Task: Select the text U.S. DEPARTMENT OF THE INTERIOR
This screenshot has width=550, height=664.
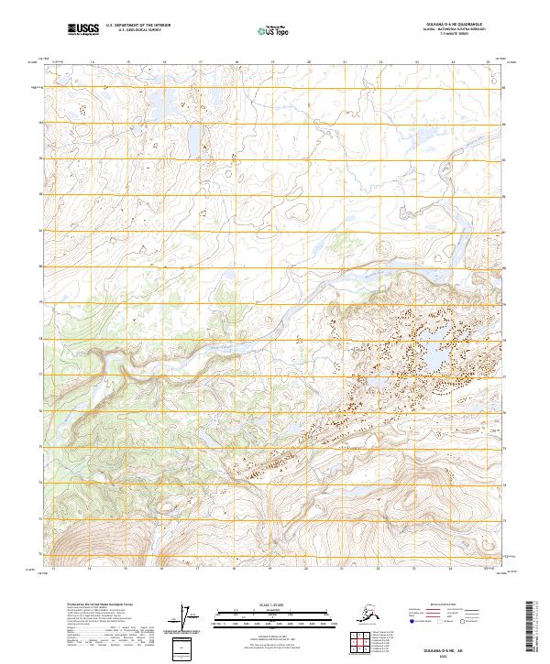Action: click(138, 27)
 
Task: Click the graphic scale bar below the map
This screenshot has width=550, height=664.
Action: click(271, 614)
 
